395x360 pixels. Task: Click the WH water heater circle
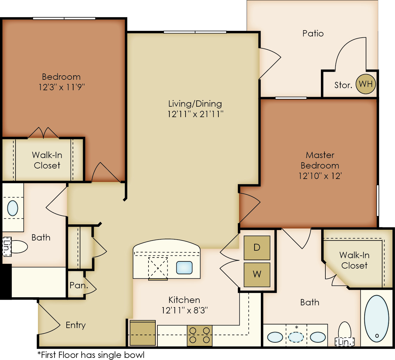[x=366, y=84]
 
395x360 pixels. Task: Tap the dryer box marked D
[x=257, y=248]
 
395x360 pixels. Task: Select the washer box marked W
[x=257, y=275]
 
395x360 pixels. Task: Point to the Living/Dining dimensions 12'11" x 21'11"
[x=195, y=114]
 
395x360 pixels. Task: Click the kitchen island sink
[x=184, y=268]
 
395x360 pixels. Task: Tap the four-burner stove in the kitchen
[x=200, y=336]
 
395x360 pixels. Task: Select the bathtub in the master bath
[x=376, y=319]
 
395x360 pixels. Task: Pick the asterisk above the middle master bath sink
[x=296, y=327]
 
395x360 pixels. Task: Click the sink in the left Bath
[x=13, y=208]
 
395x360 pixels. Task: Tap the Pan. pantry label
[x=79, y=285]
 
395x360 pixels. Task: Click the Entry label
[x=76, y=325]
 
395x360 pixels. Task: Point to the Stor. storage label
[x=343, y=85]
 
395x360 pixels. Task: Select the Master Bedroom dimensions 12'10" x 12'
[x=320, y=176]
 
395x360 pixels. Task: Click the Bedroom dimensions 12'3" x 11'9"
[x=62, y=87]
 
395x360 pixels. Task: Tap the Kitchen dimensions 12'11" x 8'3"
[x=185, y=310]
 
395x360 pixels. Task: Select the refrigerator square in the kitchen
[x=143, y=333]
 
